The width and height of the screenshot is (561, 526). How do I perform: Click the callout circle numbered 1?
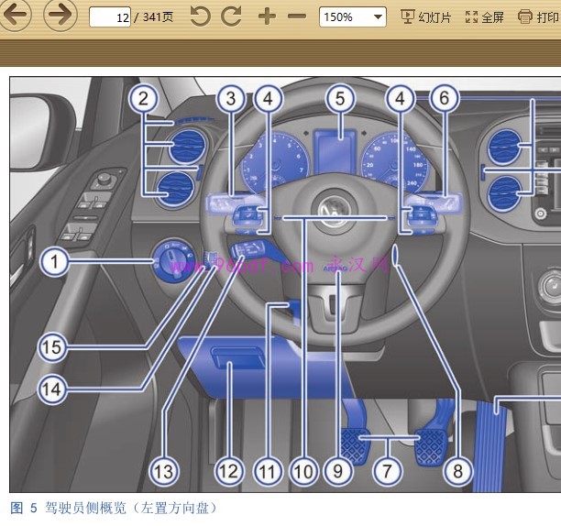pos(54,263)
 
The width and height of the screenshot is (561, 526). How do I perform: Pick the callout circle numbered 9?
pos(338,472)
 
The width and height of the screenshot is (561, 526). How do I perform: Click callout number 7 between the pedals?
pos(388,472)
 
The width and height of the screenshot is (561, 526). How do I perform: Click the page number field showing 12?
pos(109,16)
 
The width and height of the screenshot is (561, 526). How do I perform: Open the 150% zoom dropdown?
pos(353,16)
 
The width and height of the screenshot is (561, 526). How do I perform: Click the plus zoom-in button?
pos(267,16)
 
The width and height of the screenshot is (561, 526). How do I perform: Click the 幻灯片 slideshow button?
pos(426,16)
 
